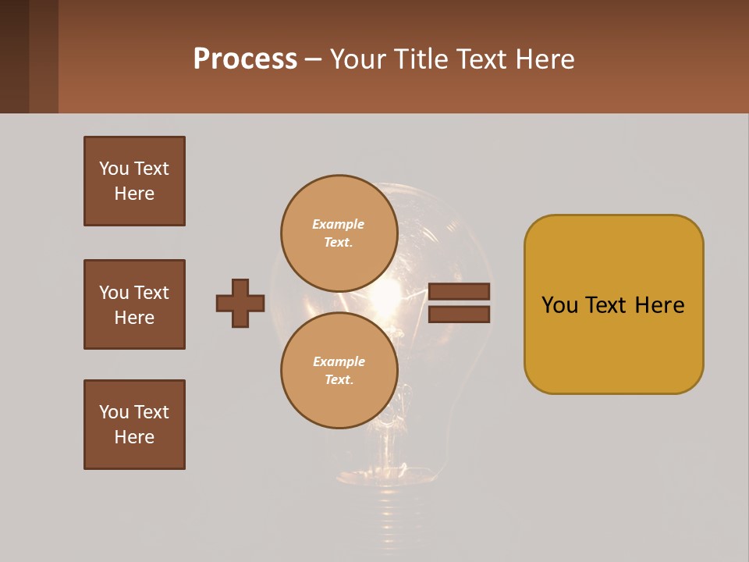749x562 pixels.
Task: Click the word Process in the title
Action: [x=245, y=59]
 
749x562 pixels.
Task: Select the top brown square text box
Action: [x=134, y=181]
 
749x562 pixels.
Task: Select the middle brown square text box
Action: [x=134, y=304]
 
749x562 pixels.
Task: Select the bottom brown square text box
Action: [x=134, y=425]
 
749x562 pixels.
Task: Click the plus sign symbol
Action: [x=240, y=303]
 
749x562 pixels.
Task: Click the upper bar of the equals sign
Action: [x=459, y=291]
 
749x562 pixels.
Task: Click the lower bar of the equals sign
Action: [x=459, y=315]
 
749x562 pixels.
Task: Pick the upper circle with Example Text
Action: [x=339, y=233]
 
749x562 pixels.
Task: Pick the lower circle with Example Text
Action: [x=339, y=371]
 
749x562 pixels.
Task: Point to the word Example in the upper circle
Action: [x=338, y=224]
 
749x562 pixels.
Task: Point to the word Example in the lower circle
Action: [x=339, y=361]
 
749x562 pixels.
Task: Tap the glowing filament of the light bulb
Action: [x=388, y=297]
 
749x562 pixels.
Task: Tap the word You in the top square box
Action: [x=114, y=169]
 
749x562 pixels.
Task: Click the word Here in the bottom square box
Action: [x=134, y=437]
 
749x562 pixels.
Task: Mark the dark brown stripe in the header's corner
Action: [x=14, y=56]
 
